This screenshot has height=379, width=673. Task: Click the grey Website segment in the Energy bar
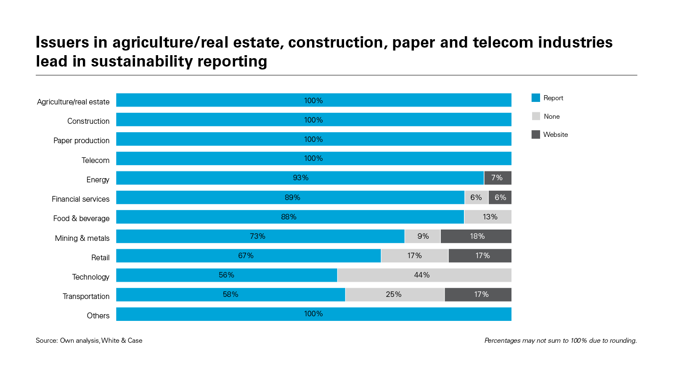point(498,178)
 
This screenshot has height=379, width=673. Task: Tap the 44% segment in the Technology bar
point(424,275)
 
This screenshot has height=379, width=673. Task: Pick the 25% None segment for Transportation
point(395,294)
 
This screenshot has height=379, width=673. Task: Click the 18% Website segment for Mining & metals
point(476,236)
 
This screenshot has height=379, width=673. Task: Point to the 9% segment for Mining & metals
point(422,236)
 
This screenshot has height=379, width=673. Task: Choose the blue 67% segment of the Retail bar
point(248,256)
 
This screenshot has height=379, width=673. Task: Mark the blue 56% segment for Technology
point(226,275)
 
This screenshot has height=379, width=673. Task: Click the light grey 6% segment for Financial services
point(476,198)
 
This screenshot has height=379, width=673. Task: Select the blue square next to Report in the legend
point(536,98)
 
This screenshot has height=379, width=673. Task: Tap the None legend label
point(551,116)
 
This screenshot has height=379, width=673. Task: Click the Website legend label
point(555,135)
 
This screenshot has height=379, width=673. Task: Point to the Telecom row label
point(95,160)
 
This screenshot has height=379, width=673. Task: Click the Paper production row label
point(81,141)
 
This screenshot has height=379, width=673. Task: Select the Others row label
point(98,316)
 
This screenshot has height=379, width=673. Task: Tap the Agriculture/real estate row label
point(73,102)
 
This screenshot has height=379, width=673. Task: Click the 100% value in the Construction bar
point(313,120)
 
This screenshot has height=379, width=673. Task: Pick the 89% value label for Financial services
point(292,198)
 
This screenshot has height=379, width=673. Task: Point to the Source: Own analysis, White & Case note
point(89,340)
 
